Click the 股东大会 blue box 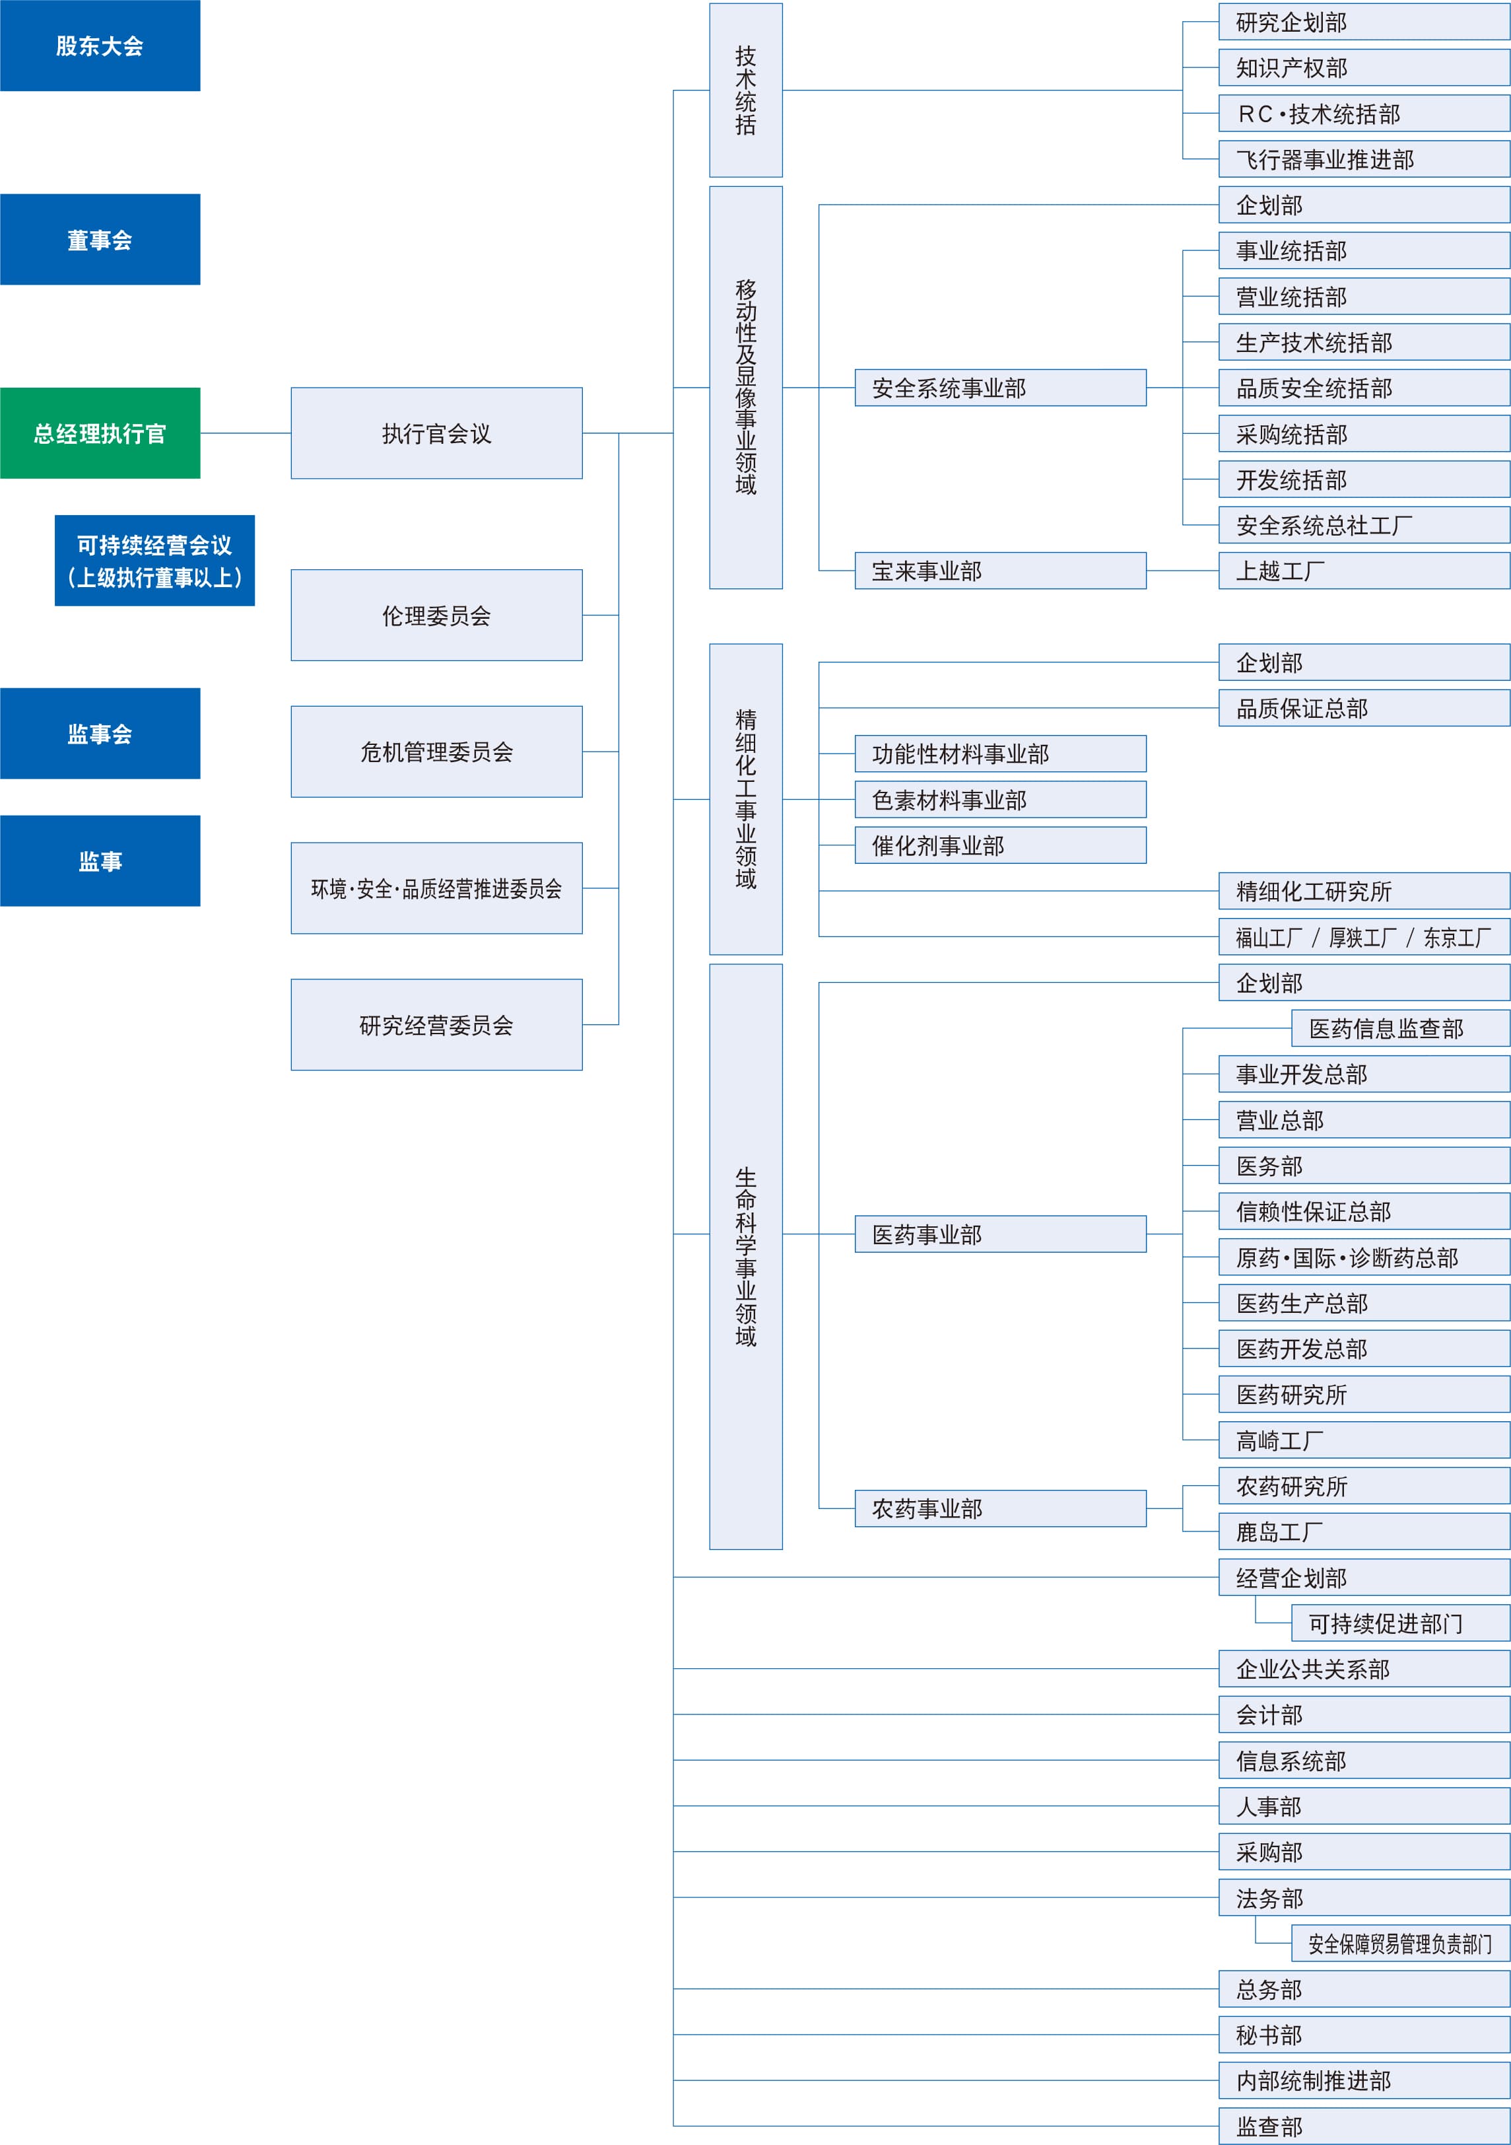point(100,46)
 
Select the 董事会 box point(100,239)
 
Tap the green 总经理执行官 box point(100,433)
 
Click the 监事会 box point(100,733)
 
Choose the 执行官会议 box point(436,433)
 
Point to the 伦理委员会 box point(436,615)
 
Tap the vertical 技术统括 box point(745,90)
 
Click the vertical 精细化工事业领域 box point(745,799)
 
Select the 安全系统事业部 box point(1000,388)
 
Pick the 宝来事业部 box point(1000,571)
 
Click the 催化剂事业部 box point(1000,845)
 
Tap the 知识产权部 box point(1364,68)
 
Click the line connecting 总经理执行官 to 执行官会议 point(246,433)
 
